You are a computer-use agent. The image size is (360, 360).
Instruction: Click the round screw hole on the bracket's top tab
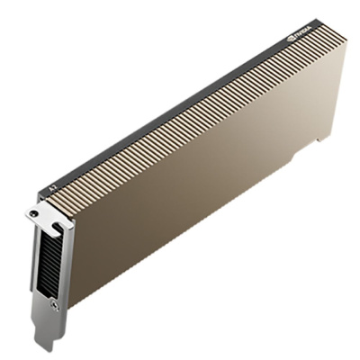pyautogui.click(x=34, y=213)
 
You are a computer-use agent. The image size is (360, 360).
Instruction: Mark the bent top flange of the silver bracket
pyautogui.click(x=45, y=214)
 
